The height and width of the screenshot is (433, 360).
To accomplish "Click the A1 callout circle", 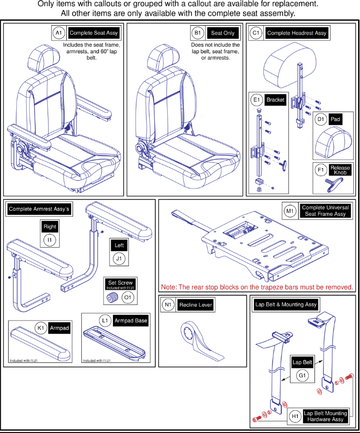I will pos(58,33).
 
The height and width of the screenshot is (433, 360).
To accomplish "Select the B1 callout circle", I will pos(198,33).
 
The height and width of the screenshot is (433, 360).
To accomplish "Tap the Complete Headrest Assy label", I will pos(296,33).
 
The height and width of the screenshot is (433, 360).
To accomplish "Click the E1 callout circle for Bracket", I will pos(256,100).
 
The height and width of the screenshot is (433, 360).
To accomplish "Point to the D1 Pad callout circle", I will pos(320,119).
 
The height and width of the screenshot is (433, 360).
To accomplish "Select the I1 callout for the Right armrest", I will pos(50,241).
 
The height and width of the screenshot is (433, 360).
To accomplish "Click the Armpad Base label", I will pos(131,321).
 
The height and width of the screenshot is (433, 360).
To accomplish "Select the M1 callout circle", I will pos(290,211).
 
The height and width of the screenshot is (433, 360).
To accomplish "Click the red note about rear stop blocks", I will pos(257,287).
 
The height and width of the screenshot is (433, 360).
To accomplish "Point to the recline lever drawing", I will pos(198,340).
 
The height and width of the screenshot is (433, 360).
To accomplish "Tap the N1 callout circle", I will pos(168,305).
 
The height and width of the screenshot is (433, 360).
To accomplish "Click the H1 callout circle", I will pos(295,416).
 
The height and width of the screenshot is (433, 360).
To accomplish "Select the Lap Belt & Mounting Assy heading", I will pos(286,305).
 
